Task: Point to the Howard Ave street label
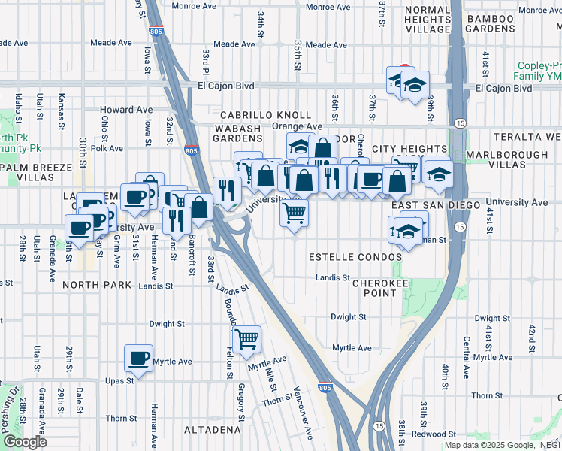[x=126, y=110]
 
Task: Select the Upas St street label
[x=119, y=380]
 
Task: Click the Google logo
[x=25, y=442]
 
